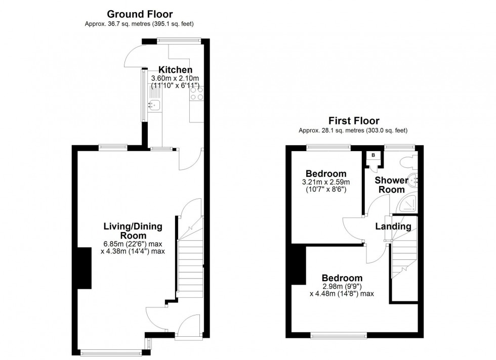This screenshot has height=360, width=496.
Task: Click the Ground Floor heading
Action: [x=139, y=14]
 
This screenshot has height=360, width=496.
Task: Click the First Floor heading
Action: [x=353, y=121]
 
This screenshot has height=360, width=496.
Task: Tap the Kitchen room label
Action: [x=175, y=70]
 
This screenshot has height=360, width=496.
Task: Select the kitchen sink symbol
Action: [x=154, y=105]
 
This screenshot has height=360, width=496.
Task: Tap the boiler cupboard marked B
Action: [x=373, y=155]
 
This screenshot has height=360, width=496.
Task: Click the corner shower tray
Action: [x=408, y=202]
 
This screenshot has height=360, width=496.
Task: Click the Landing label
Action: [x=393, y=227]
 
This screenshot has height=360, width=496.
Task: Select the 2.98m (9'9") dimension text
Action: [x=342, y=287]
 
